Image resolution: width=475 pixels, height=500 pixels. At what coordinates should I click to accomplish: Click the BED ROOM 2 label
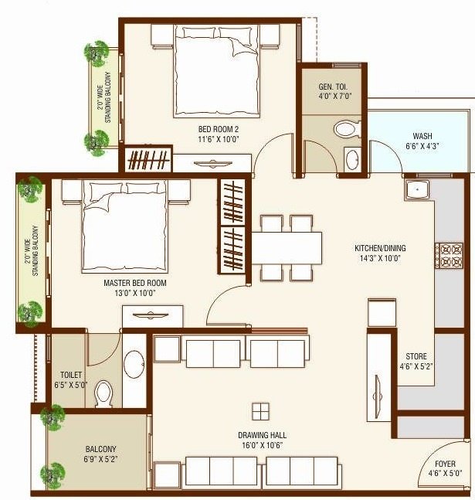tap(198, 129)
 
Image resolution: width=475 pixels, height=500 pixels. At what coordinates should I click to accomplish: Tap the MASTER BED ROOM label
tap(135, 284)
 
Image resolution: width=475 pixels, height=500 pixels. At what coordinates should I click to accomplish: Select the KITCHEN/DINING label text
tap(380, 248)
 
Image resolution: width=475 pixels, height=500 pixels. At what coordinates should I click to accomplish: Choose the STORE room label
tap(416, 356)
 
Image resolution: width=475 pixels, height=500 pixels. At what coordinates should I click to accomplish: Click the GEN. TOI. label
tap(336, 87)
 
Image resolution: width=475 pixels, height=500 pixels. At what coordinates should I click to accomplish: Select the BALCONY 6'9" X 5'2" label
tap(100, 449)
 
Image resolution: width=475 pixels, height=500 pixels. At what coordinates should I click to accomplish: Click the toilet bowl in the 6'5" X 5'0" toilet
tap(103, 395)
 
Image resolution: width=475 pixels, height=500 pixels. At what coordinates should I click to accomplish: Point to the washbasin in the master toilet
tap(134, 362)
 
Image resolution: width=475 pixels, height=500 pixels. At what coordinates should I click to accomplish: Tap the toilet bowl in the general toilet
tap(343, 128)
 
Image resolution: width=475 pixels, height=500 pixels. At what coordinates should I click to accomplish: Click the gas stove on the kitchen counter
tap(448, 256)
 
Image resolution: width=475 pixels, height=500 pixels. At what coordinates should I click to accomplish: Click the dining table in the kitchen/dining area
tap(287, 248)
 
